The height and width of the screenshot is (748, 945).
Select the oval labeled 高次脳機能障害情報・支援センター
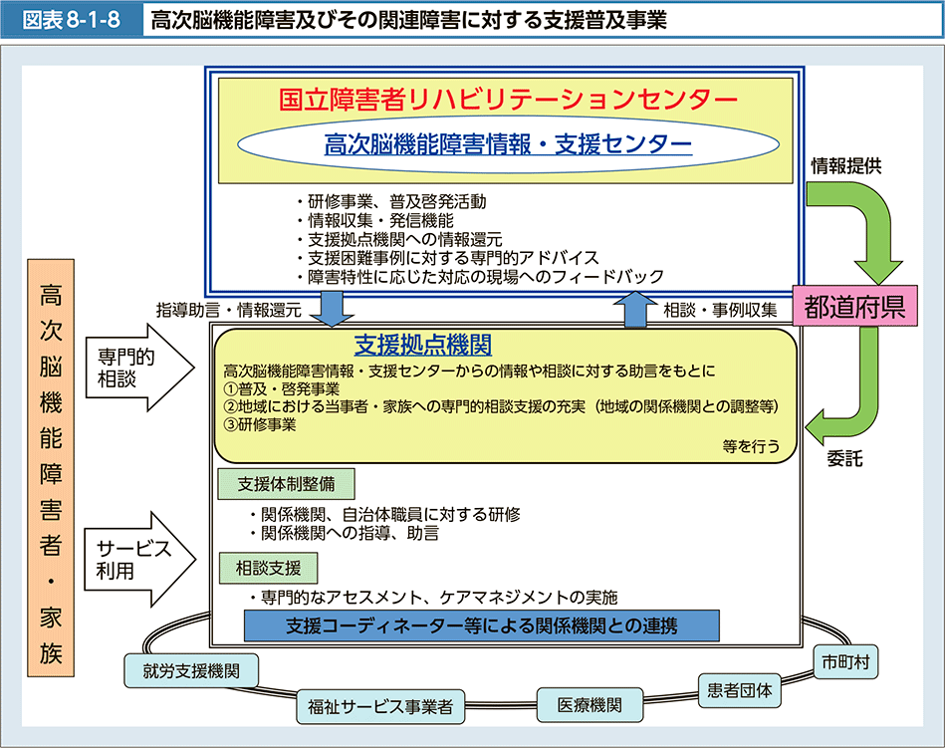[x=508, y=145]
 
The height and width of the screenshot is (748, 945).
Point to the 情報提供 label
[x=845, y=166]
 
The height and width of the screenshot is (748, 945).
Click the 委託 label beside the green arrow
[x=844, y=460]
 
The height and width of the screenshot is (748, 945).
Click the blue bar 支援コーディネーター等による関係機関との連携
[x=481, y=626]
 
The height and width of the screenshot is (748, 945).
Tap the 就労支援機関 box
[x=191, y=670]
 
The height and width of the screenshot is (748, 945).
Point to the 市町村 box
[x=845, y=660]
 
